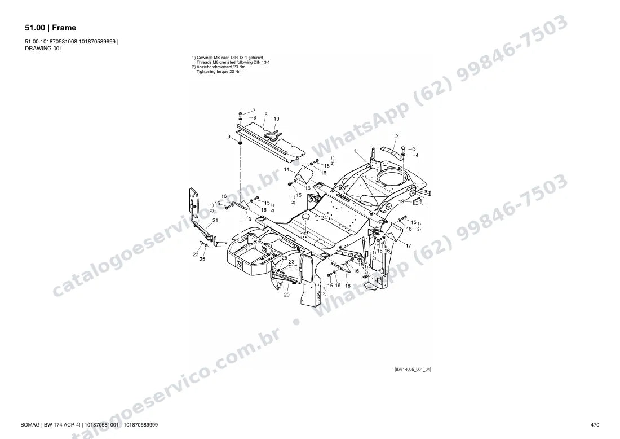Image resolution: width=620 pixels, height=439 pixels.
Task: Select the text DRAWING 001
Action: (43, 49)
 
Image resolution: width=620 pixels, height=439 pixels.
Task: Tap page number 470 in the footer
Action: (595, 425)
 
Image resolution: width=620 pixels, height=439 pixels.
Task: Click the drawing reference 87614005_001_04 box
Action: (413, 370)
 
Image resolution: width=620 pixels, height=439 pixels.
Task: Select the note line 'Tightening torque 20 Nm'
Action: (219, 72)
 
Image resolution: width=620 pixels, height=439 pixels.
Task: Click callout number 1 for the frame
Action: (355, 151)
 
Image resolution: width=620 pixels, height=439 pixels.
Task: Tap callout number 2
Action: (397, 137)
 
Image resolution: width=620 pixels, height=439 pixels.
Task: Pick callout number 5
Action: (265, 115)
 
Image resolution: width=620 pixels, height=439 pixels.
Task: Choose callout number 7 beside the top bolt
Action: (254, 111)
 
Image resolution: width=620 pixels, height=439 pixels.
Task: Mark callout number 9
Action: (228, 137)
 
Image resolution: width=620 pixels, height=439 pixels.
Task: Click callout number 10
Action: (276, 118)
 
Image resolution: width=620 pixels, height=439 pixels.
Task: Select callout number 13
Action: (249, 219)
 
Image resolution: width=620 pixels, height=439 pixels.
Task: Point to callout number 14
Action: (287, 169)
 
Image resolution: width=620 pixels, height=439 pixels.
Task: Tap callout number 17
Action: (409, 245)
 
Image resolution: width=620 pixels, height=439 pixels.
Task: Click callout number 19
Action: (401, 201)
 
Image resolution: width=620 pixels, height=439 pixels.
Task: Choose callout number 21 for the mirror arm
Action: (215, 221)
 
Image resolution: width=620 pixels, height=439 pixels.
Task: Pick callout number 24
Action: (324, 218)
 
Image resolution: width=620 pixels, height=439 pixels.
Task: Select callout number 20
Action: (287, 295)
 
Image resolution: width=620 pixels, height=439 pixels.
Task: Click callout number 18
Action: (348, 286)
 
